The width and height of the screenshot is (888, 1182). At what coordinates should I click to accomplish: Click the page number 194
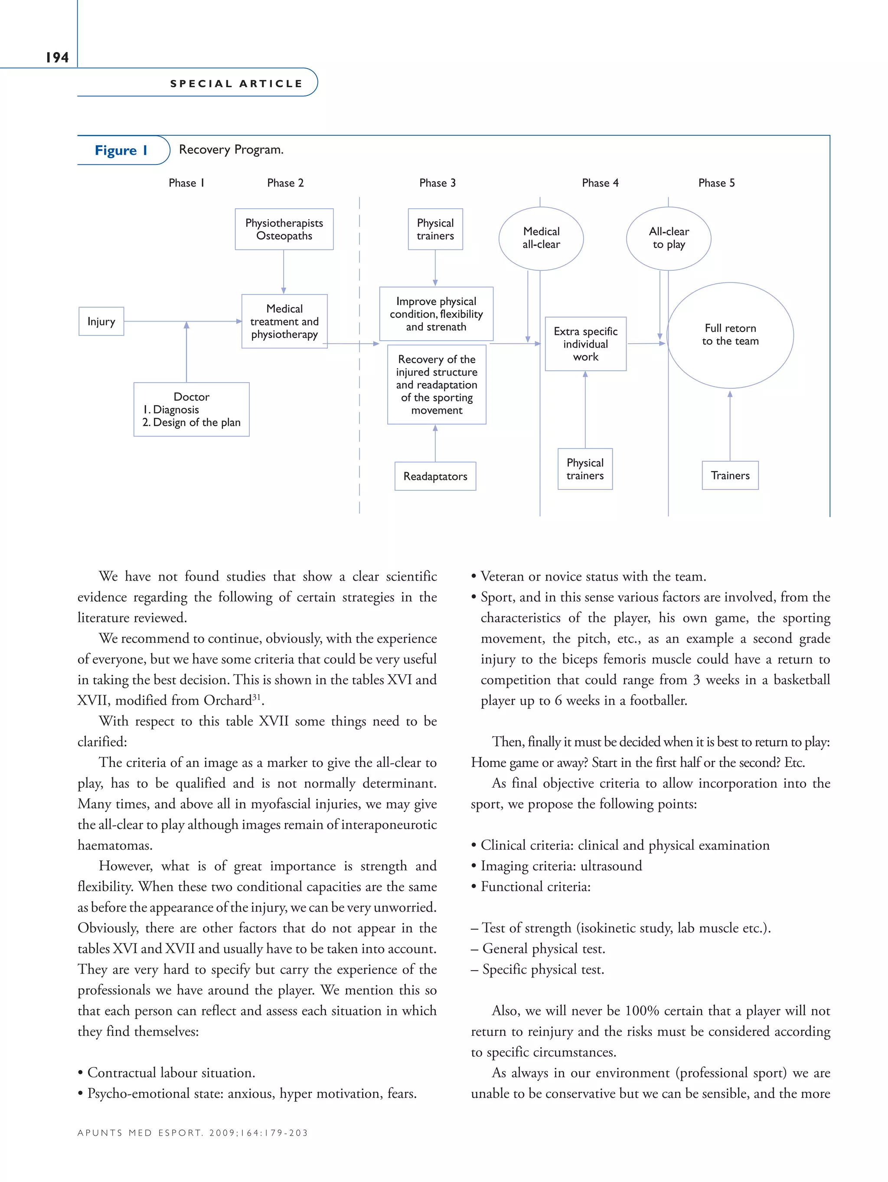(x=57, y=57)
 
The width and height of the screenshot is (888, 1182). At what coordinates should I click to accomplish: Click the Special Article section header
(x=236, y=83)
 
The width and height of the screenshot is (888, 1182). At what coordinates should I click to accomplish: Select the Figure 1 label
(x=121, y=150)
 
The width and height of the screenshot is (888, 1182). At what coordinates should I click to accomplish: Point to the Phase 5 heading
(x=715, y=183)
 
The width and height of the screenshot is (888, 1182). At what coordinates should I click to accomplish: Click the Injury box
(x=101, y=321)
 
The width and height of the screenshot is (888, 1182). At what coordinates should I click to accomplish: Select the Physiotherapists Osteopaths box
(x=284, y=229)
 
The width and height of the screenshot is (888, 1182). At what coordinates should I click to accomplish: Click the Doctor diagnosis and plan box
(x=191, y=409)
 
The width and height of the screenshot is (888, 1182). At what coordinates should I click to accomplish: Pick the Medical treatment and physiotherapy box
(x=284, y=321)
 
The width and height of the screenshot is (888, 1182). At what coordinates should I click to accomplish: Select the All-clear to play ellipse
(x=668, y=238)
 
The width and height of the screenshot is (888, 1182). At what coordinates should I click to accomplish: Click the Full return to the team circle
(x=729, y=335)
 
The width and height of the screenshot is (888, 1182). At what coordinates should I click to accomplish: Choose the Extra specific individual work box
(x=585, y=344)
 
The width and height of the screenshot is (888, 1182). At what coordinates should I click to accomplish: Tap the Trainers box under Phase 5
(x=729, y=475)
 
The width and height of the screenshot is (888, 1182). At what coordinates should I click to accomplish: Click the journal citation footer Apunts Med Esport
(x=192, y=1132)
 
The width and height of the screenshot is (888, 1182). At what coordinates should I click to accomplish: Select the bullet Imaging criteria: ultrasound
(x=561, y=866)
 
